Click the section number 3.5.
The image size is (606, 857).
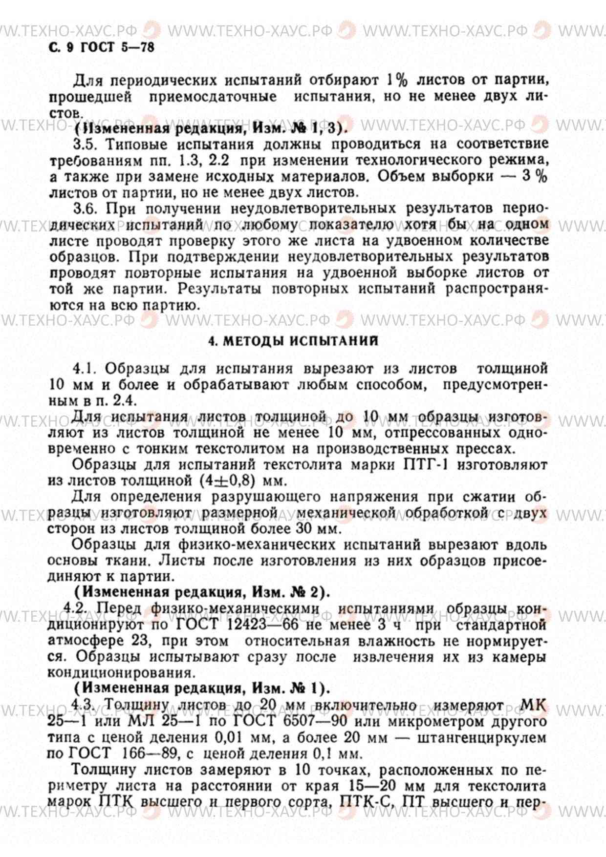click(86, 145)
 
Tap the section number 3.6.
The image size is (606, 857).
click(86, 209)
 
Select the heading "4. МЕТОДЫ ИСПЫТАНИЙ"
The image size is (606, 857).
click(293, 341)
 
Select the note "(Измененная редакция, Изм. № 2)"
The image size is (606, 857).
click(202, 592)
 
